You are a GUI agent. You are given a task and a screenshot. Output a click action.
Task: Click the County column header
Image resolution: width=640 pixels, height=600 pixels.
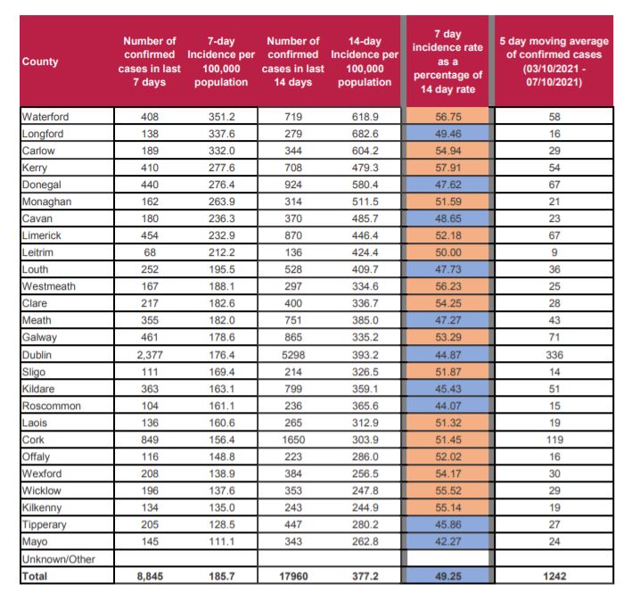[40, 62]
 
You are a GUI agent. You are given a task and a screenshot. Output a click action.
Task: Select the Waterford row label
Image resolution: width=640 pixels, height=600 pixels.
[45, 117]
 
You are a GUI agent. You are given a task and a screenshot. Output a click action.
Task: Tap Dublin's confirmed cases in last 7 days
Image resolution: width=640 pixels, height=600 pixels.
[150, 355]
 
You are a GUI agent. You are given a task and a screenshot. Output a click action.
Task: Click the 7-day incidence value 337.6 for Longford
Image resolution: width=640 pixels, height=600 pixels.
[222, 134]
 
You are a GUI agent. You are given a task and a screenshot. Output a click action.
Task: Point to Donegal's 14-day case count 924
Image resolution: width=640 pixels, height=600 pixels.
[293, 185]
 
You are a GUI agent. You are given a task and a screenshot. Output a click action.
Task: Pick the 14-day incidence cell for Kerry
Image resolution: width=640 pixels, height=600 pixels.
[365, 168]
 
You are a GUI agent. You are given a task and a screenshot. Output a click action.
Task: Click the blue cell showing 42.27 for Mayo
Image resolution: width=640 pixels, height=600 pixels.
[447, 542]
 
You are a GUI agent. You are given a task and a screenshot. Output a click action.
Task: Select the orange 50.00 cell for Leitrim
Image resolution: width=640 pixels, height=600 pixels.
[447, 252]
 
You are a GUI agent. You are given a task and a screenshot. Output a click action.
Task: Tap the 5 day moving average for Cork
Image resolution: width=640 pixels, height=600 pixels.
[554, 440]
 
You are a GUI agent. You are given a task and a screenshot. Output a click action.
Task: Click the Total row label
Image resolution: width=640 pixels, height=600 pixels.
[35, 576]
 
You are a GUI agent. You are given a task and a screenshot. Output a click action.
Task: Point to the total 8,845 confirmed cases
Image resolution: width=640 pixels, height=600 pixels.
[150, 576]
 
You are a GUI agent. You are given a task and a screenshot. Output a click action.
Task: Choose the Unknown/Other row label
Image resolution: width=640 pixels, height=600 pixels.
[58, 559]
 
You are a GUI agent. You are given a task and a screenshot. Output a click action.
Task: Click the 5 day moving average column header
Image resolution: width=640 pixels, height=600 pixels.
[554, 62]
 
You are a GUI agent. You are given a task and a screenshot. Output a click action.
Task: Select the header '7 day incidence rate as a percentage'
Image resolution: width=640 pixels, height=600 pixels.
[447, 62]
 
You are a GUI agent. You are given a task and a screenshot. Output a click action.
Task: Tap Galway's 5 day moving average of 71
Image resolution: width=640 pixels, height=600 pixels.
[554, 338]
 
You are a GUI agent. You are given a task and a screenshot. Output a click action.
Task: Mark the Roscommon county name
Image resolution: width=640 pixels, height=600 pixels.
[52, 407]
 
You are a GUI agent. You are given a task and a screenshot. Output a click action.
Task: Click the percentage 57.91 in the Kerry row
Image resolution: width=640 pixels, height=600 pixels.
[448, 168]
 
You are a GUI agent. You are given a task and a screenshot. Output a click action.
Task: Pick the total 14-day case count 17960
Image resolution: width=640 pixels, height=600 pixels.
[293, 576]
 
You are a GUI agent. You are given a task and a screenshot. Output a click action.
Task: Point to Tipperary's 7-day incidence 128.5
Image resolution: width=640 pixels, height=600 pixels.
[222, 525]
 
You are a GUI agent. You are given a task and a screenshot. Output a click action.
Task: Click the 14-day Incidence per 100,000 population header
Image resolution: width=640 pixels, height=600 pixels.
[365, 62]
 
